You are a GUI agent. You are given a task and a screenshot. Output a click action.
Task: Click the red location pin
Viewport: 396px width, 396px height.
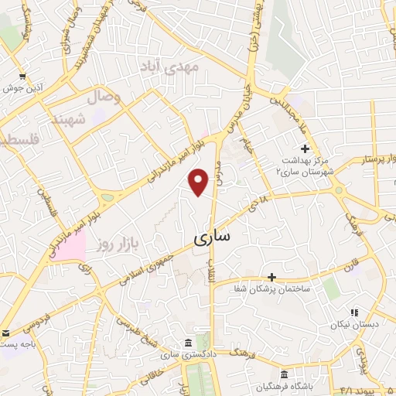(x=199, y=182)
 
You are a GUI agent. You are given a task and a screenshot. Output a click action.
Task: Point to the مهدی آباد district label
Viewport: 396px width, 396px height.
(x=169, y=67)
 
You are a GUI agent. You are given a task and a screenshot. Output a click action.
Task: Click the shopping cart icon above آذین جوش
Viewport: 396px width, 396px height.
(x=21, y=76)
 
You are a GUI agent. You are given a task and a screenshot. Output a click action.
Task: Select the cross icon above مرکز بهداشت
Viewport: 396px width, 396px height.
(x=305, y=148)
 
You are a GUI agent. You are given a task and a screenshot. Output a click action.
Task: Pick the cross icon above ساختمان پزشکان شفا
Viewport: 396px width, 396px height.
(x=271, y=276)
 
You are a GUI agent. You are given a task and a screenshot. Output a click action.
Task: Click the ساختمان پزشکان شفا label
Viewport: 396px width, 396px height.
(x=279, y=288)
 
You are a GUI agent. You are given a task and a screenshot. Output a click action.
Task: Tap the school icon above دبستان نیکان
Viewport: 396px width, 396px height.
(x=354, y=313)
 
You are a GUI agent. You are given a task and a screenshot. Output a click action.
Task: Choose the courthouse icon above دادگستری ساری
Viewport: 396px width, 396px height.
(x=188, y=343)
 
